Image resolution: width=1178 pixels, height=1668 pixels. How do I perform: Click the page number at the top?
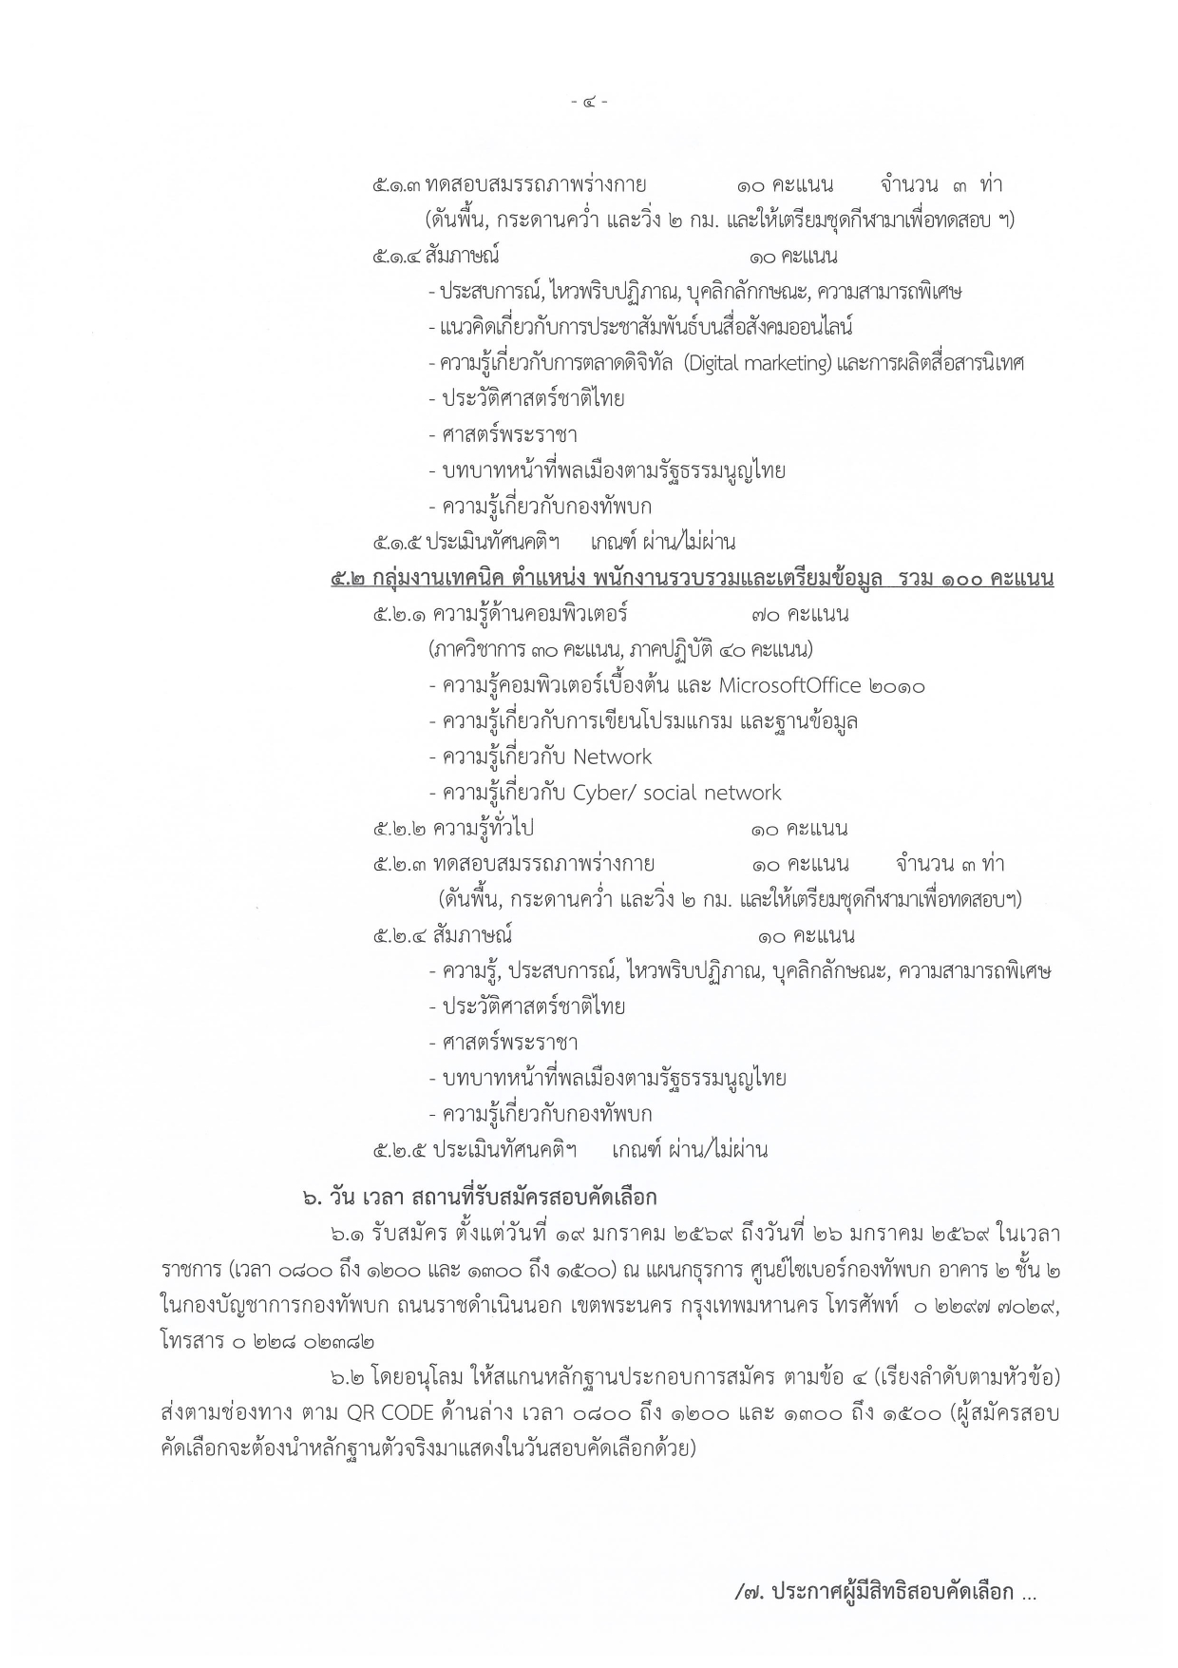tap(589, 101)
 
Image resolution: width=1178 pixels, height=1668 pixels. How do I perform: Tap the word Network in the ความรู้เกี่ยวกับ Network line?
tap(612, 757)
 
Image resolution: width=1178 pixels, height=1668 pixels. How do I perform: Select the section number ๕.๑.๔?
tap(397, 257)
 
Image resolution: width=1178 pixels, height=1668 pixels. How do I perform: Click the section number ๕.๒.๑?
tap(400, 614)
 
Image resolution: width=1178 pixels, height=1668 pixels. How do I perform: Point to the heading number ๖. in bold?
tap(312, 1198)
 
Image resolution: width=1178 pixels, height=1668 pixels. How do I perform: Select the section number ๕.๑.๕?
tap(397, 543)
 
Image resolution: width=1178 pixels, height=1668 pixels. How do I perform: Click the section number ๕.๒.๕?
tap(400, 1150)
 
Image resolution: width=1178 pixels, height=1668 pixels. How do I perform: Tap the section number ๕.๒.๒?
tap(400, 829)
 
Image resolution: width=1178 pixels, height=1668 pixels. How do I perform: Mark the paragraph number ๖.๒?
tap(348, 1377)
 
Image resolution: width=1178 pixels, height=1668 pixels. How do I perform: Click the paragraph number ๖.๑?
tap(347, 1235)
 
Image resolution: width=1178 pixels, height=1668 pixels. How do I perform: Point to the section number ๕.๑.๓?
tap(397, 185)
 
